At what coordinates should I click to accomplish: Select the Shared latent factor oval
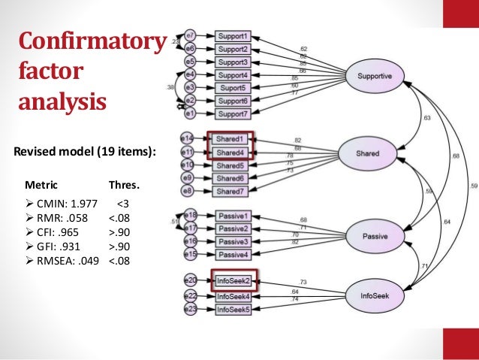(368, 154)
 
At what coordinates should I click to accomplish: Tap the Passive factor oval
(375, 235)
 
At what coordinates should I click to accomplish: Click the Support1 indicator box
(233, 35)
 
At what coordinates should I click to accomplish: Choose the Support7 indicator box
(233, 113)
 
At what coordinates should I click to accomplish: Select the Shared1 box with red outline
(232, 139)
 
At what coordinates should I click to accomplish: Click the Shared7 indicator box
(232, 192)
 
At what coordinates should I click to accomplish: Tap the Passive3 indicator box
(232, 241)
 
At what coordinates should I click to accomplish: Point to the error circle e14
(188, 138)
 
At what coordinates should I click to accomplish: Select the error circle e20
(191, 280)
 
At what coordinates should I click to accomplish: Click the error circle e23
(191, 308)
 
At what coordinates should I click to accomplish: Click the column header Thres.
(124, 184)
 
